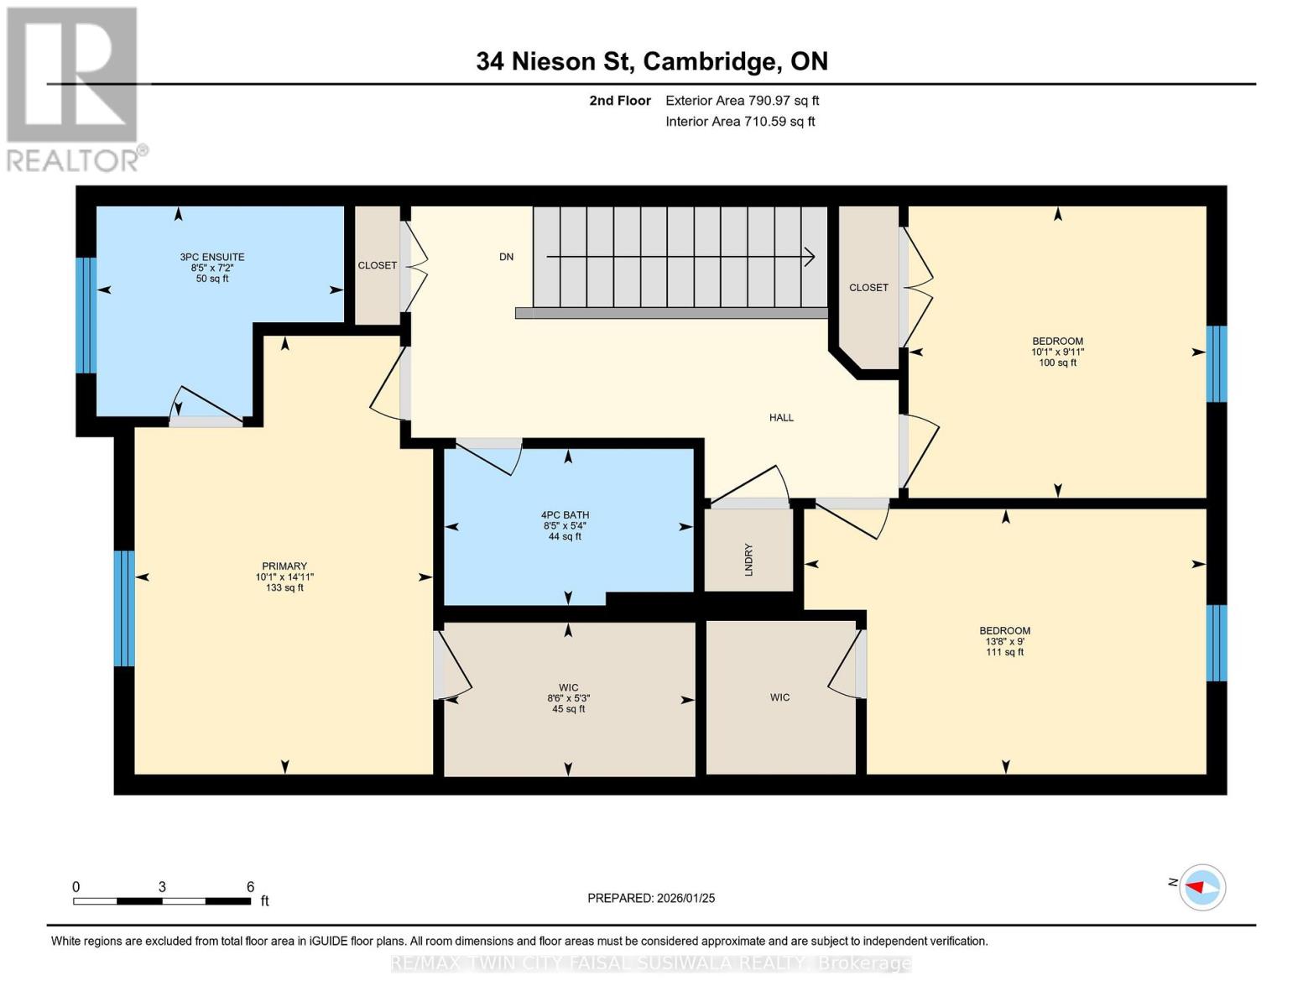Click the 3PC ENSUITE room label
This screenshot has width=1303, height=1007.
point(211,257)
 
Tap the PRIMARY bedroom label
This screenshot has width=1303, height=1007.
point(284,566)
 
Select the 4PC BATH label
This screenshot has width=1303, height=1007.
point(565,514)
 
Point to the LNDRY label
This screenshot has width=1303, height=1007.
point(748,560)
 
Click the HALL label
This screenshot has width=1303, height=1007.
point(781,417)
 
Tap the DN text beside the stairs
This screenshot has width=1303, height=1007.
point(506,257)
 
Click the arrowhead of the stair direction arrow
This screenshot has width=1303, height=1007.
point(810,258)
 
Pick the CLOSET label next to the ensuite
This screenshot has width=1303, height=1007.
point(378,265)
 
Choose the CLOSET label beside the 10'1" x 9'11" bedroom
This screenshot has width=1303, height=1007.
point(868,288)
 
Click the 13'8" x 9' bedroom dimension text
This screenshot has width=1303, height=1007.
point(1004,641)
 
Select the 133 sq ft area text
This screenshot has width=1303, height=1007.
point(284,587)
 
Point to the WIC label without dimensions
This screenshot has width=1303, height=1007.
point(779,697)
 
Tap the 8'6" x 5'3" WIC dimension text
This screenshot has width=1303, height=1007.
point(569,698)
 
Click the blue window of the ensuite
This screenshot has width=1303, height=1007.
point(86,315)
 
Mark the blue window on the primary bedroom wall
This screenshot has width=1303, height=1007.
point(124,608)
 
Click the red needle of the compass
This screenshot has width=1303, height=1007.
point(1195,886)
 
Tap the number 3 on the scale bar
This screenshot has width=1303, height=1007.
point(162,886)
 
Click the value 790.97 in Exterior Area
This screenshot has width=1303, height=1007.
point(769,100)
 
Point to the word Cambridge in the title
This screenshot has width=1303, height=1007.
point(710,61)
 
